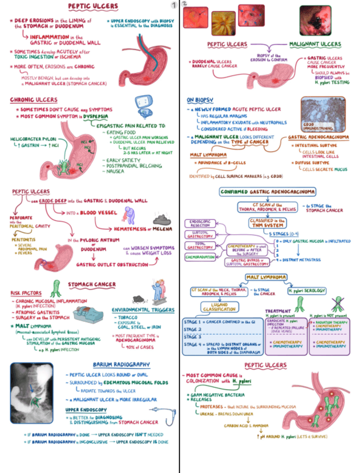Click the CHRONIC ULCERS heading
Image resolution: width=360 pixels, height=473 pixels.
(33, 100)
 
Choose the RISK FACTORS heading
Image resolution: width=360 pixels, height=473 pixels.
(26, 293)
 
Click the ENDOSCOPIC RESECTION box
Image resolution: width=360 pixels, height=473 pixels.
(201, 224)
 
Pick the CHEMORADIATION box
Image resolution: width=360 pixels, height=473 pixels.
(200, 257)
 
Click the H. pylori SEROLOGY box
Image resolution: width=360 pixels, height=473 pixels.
(307, 291)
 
